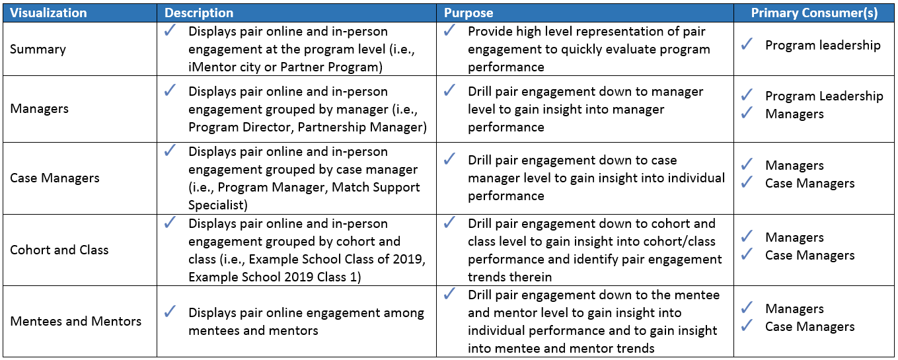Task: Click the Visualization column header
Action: [48, 13]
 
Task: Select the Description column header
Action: [199, 13]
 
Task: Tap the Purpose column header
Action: [468, 13]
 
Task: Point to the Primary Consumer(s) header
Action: [814, 13]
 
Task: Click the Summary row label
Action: [38, 50]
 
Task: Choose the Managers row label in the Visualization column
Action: [39, 108]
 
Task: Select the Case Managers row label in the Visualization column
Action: [55, 178]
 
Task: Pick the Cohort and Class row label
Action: [59, 250]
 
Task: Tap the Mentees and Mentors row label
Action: [76, 321]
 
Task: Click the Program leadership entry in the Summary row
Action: [823, 46]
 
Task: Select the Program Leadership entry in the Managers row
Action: [824, 96]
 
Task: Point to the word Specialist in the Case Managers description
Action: [218, 205]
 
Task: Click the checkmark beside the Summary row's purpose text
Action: [449, 30]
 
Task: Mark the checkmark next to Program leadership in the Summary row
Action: [747, 44]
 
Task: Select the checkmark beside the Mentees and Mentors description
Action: [170, 311]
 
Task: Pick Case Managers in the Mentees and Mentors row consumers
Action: [810, 327]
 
